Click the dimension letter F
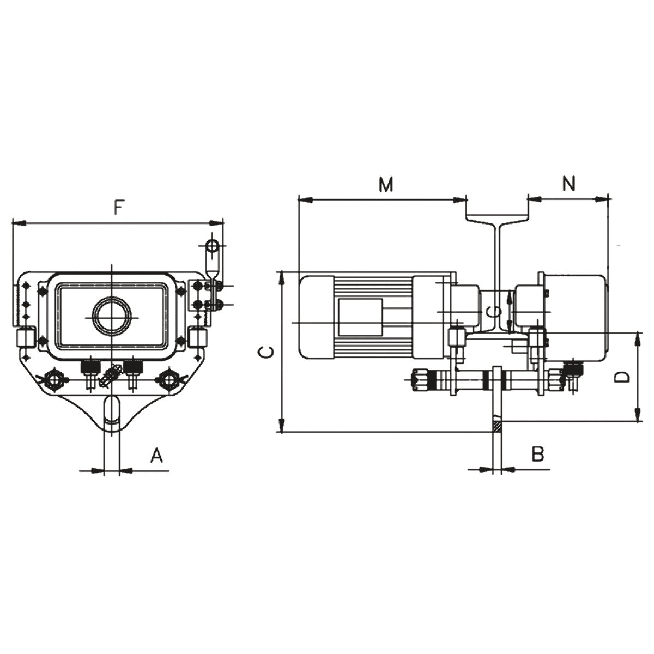pos(118,208)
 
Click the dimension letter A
pos(156,456)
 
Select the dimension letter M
pos(386,185)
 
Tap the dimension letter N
pos(569,184)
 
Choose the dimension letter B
pos(538,454)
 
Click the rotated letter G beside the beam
pos(494,311)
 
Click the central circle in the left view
pos(112,316)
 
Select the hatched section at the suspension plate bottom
pos(496,426)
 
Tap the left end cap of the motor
pos(317,317)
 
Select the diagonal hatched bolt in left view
pos(111,375)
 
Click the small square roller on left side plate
pos(25,338)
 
